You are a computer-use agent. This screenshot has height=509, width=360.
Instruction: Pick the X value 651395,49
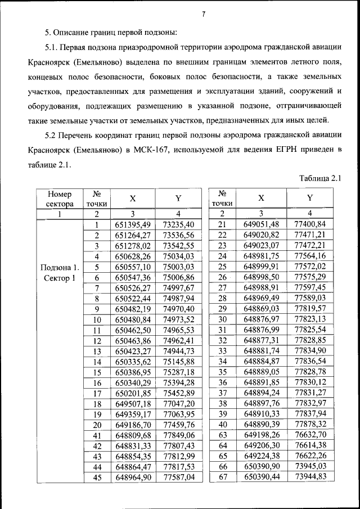pos(133,225)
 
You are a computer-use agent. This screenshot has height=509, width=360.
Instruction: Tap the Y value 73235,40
pos(178,225)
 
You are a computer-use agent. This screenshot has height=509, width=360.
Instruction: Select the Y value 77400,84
pos(310,225)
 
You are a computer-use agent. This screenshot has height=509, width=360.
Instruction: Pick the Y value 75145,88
pos(178,362)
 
